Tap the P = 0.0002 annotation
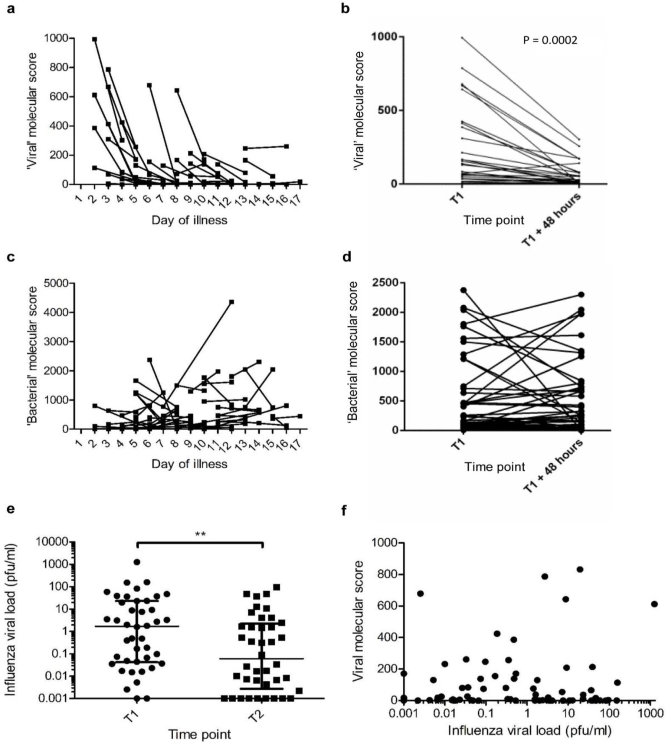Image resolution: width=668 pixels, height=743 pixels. (550, 40)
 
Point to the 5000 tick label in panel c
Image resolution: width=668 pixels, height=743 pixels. (56, 283)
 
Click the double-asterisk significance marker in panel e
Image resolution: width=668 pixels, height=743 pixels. (200, 534)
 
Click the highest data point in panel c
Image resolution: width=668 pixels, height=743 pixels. (232, 302)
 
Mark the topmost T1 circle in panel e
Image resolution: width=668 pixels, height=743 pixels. (137, 562)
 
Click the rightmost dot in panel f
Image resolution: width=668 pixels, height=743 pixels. (654, 604)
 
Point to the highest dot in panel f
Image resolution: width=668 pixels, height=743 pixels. (580, 569)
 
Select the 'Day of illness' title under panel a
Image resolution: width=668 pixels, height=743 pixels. (189, 220)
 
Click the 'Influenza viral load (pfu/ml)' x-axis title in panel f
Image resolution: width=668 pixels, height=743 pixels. (530, 730)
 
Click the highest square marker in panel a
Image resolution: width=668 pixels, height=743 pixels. (95, 39)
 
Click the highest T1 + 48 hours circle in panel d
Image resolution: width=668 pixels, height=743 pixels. (581, 295)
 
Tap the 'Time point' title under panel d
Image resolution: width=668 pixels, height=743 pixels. (495, 466)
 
